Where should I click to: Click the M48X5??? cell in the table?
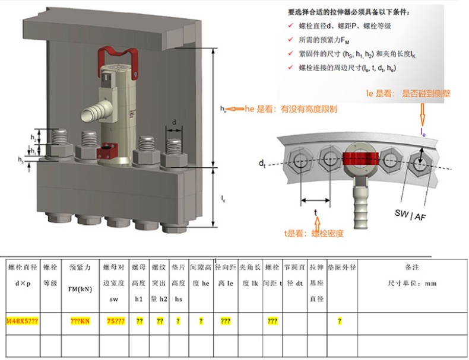pyautogui.click(x=23, y=321)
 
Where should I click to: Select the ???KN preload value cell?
pyautogui.click(x=80, y=321)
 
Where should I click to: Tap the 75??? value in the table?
pyautogui.click(x=115, y=321)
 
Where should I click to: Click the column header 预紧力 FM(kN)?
pyautogui.click(x=80, y=275)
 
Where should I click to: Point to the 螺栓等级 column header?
pyautogui.click(x=50, y=275)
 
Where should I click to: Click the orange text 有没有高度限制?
pyautogui.click(x=309, y=109)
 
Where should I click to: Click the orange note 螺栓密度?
pyautogui.click(x=327, y=233)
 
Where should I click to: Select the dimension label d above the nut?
pyautogui.click(x=174, y=122)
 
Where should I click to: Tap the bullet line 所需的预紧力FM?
pyautogui.click(x=332, y=40)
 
